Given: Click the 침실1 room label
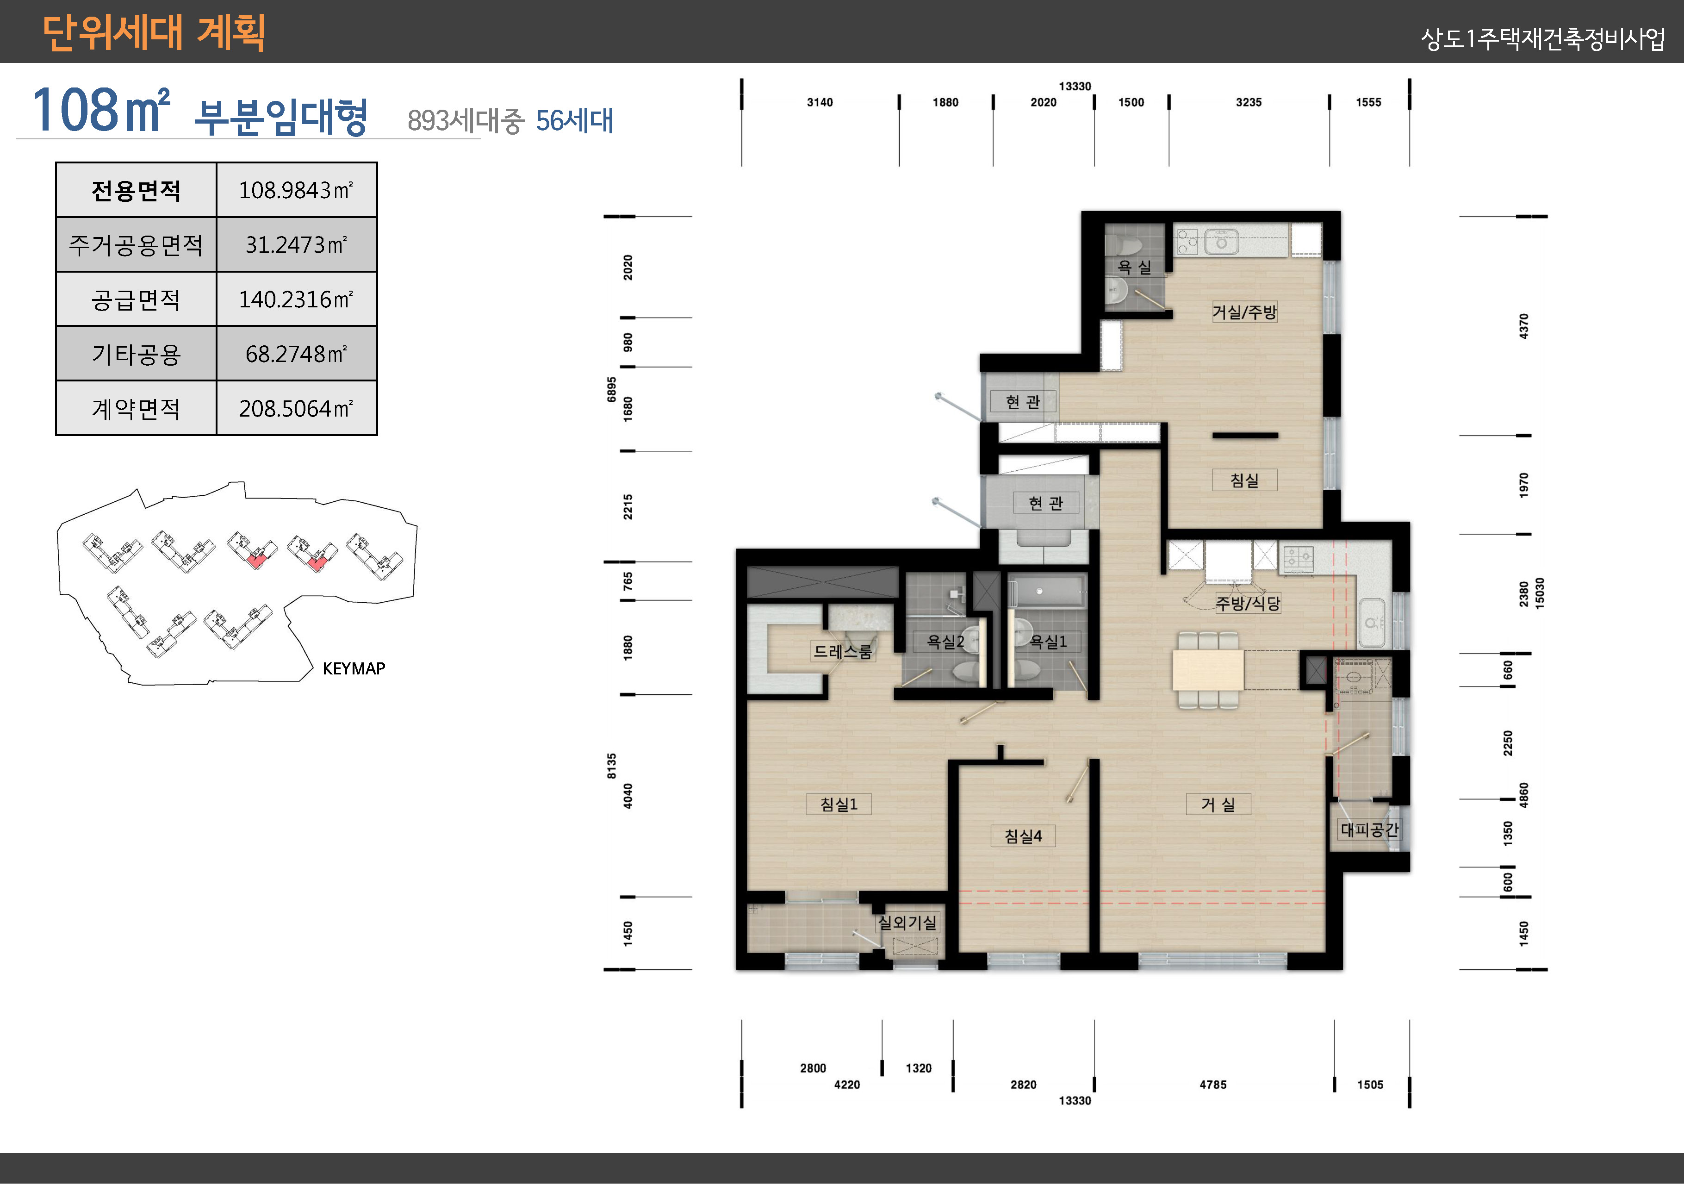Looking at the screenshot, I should click(839, 804).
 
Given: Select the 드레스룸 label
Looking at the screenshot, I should click(843, 651).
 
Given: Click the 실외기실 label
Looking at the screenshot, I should click(907, 923).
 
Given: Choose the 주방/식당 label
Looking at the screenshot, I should click(1248, 603).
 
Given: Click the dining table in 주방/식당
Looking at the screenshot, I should click(1207, 669).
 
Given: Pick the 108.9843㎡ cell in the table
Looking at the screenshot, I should click(296, 190).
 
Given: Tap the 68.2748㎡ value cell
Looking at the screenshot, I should click(296, 354).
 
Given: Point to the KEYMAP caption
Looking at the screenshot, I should click(354, 668).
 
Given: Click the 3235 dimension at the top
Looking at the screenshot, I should click(1249, 102).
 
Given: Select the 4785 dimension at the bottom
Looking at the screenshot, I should click(1212, 1085).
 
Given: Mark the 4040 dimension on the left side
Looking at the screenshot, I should click(628, 796).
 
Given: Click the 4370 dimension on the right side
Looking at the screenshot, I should click(1523, 326).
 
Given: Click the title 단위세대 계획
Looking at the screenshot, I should click(154, 33).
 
